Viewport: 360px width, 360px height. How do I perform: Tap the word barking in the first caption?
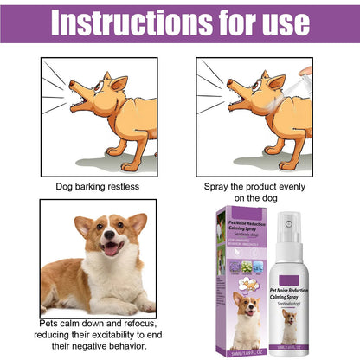pos(91,186)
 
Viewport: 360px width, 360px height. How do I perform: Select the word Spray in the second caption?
pos(219,186)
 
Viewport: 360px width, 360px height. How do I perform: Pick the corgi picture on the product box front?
pos(245,313)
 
